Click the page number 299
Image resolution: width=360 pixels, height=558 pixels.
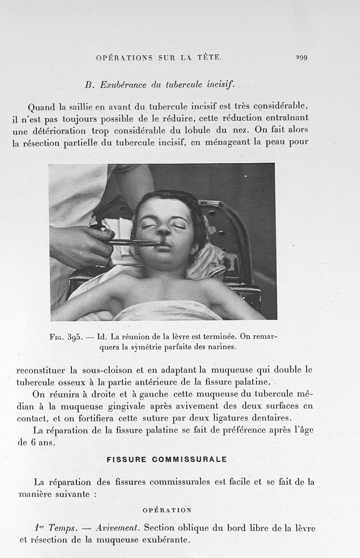[x=301, y=58]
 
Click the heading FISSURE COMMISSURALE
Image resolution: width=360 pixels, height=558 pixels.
[x=166, y=460]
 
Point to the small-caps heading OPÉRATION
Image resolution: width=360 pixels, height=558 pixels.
[x=167, y=510]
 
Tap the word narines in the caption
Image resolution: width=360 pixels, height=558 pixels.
[x=222, y=347]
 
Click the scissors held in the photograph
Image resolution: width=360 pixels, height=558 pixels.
[x=135, y=242]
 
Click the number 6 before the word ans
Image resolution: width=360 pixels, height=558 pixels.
[x=33, y=442]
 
